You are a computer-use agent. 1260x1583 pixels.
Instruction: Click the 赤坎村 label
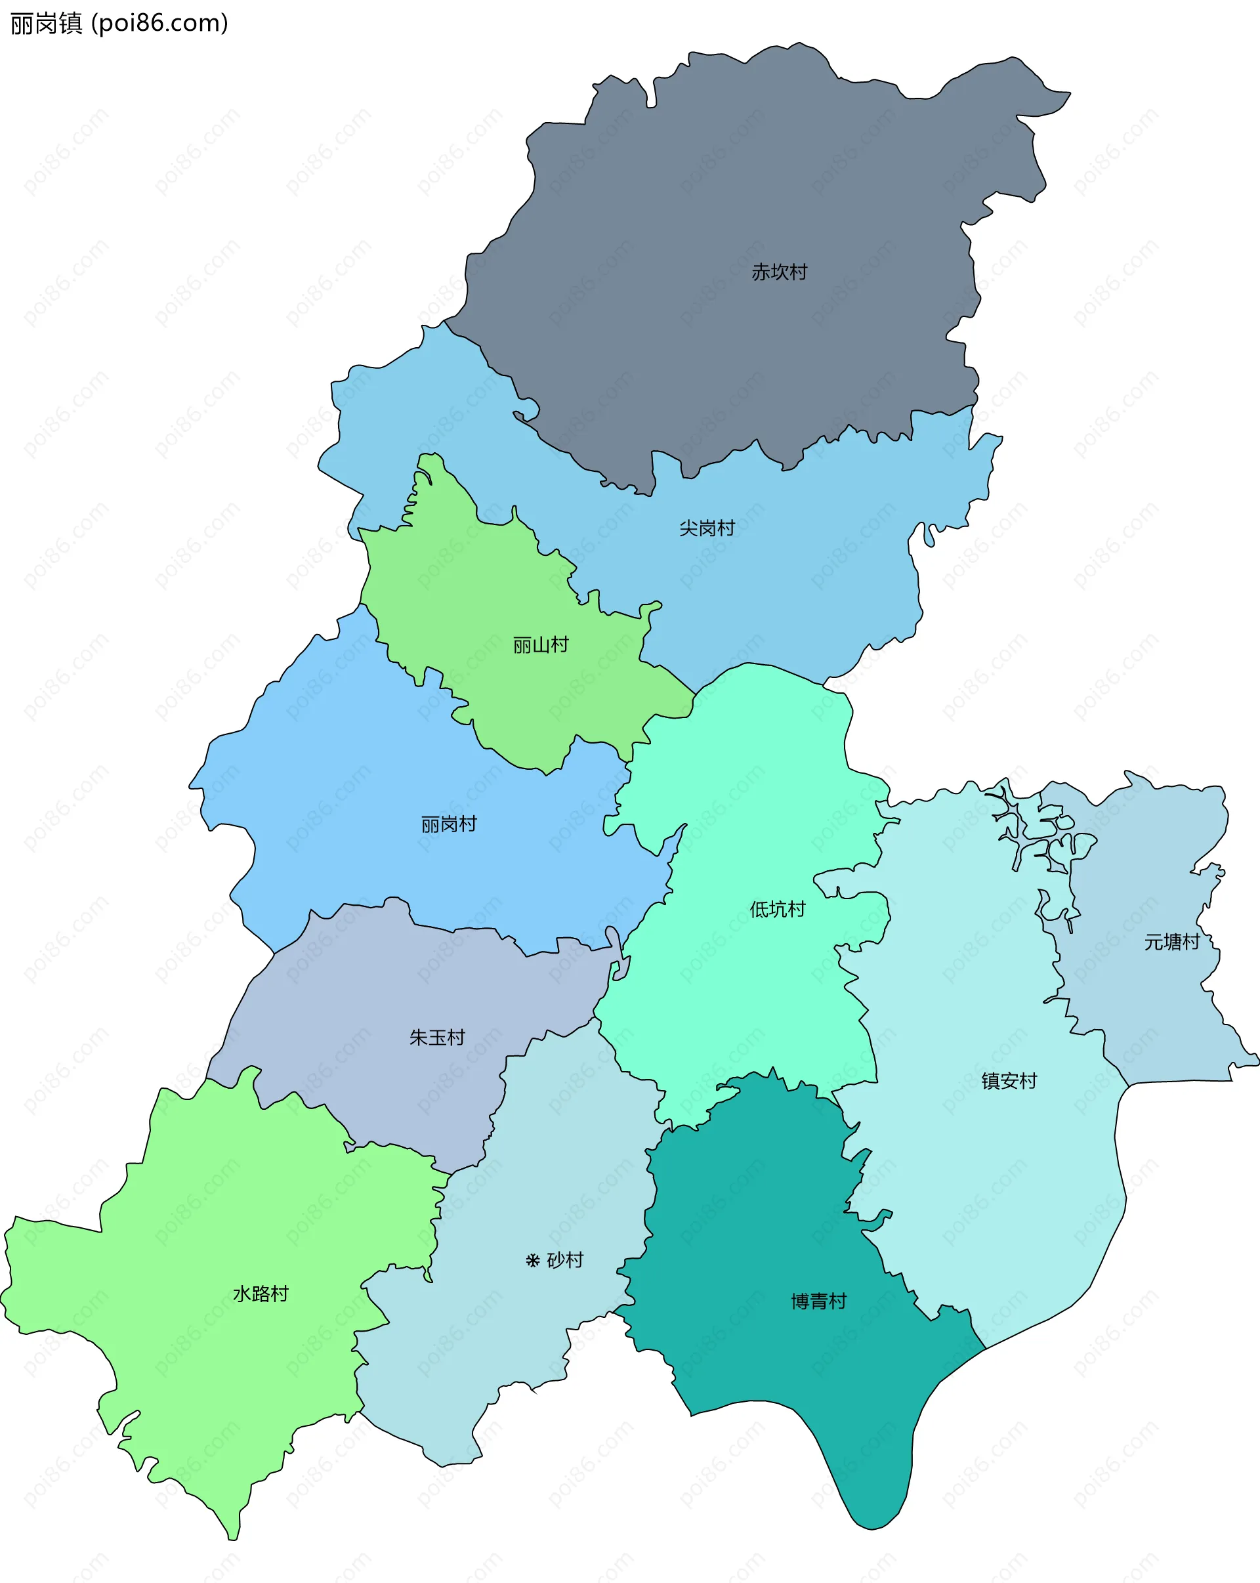point(779,272)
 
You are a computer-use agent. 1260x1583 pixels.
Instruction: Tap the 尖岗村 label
point(706,528)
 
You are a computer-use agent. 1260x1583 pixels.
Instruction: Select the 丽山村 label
point(540,645)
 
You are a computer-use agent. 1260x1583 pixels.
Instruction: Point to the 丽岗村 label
point(449,824)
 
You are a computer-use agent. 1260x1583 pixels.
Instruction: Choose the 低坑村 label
point(777,909)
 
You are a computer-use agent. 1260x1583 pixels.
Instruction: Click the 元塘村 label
point(1171,942)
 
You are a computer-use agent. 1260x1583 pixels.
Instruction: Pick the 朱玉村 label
point(437,1038)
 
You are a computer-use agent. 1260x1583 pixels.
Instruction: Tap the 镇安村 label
point(1009,1081)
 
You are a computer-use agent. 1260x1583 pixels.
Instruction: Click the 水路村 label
point(261,1294)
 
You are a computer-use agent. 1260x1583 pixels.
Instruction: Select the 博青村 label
point(819,1302)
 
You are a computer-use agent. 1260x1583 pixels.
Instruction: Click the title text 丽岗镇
point(46,24)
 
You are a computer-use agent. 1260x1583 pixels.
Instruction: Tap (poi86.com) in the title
point(159,24)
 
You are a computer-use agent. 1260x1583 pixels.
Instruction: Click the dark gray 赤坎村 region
point(734,184)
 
